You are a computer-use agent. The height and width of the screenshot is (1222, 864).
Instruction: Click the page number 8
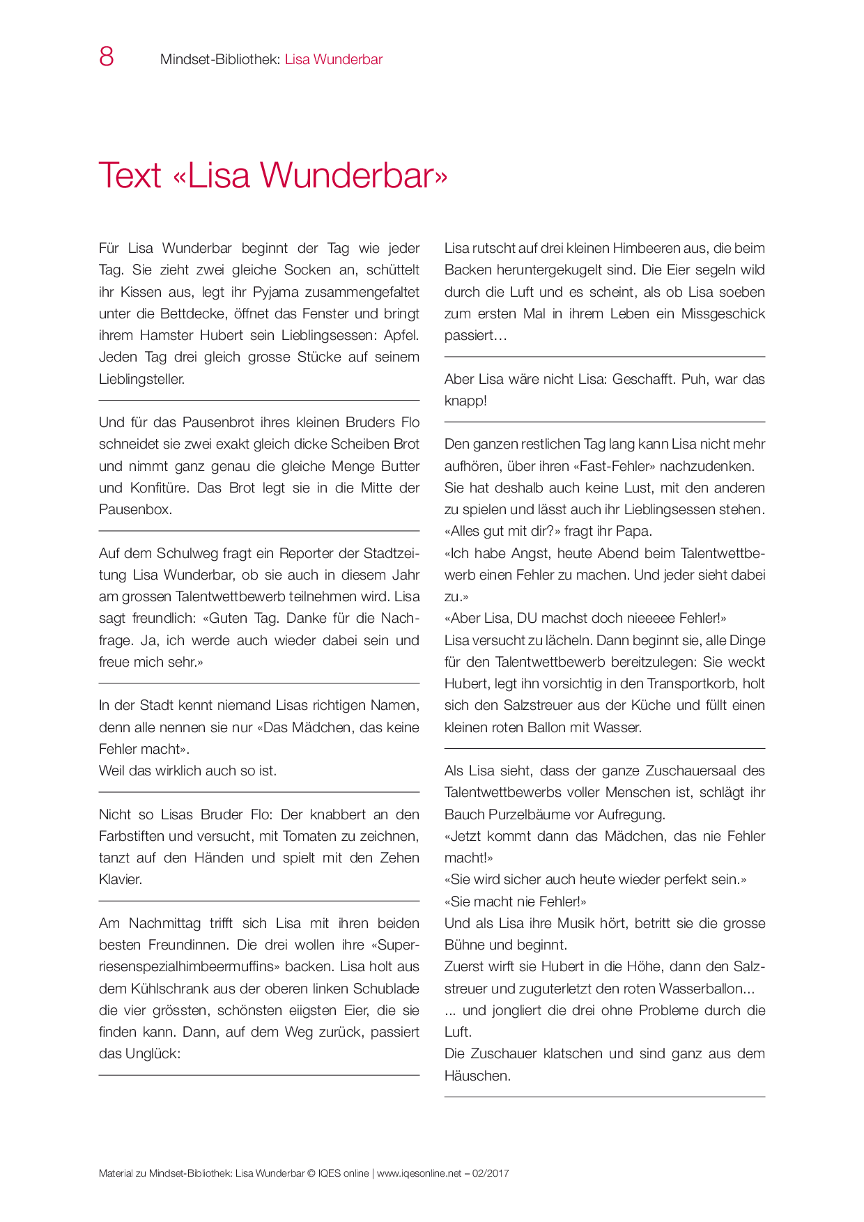pyautogui.click(x=107, y=57)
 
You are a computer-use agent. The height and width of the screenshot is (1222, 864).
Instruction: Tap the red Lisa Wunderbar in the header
pyautogui.click(x=334, y=59)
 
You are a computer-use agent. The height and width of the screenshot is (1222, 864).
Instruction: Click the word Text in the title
pyautogui.click(x=130, y=175)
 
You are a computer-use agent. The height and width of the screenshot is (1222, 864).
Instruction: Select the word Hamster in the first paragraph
pyautogui.click(x=167, y=335)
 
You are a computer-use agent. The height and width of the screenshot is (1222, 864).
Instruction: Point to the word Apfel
pyautogui.click(x=401, y=335)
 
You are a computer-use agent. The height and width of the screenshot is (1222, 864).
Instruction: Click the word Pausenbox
pyautogui.click(x=134, y=509)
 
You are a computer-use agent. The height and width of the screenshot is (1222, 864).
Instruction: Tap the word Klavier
pyautogui.click(x=120, y=879)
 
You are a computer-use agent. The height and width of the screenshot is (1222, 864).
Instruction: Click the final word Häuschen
pyautogui.click(x=476, y=1076)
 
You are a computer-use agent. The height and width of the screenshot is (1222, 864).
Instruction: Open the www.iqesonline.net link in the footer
pyautogui.click(x=419, y=1173)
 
